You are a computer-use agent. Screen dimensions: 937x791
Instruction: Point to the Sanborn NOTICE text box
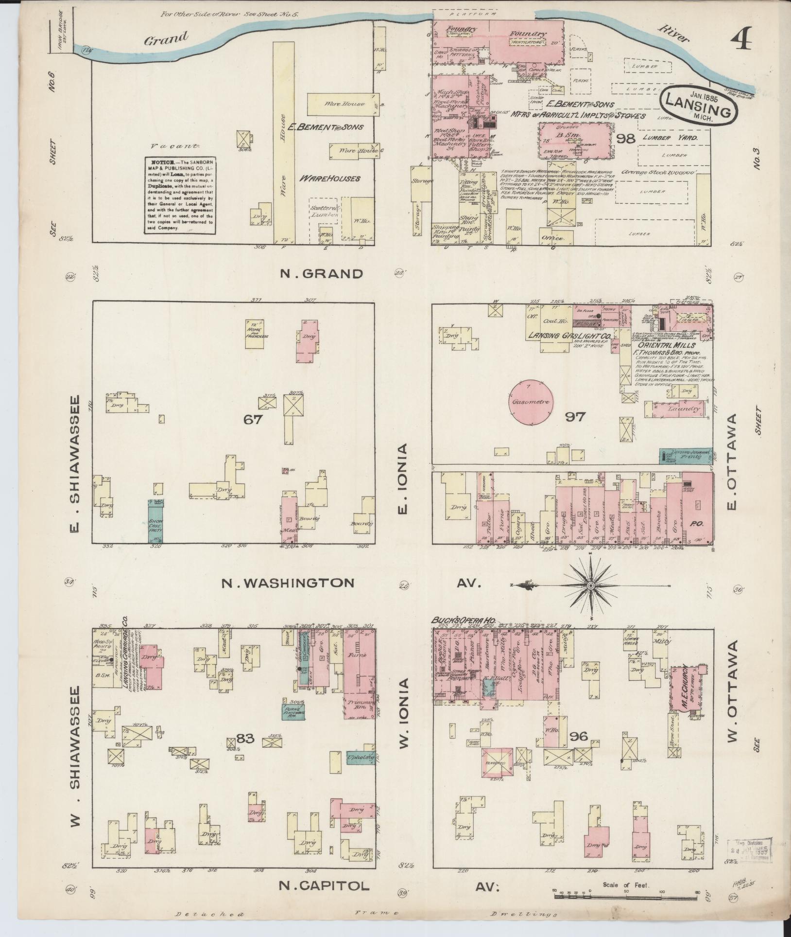coord(180,195)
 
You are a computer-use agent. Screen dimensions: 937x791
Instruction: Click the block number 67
coord(253,419)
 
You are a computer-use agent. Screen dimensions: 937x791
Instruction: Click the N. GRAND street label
coord(321,274)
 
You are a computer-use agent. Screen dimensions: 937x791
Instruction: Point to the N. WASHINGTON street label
coord(288,583)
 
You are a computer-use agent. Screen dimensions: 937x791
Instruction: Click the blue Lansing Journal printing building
coord(685,455)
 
